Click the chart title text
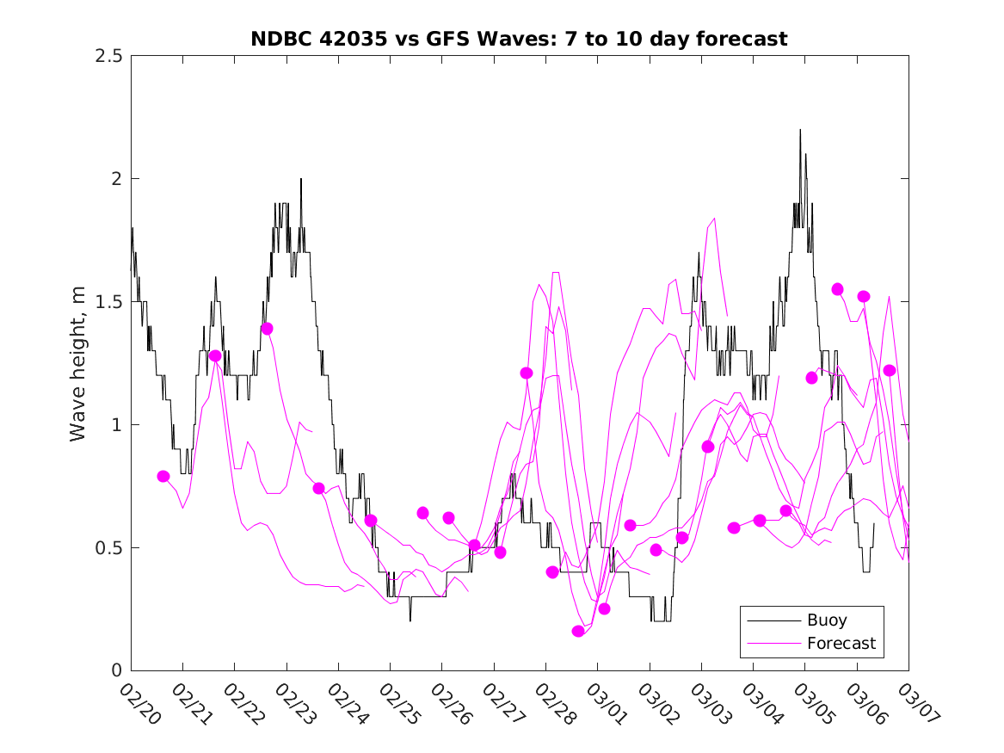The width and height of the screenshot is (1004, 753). (x=519, y=40)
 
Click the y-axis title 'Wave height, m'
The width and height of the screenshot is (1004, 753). (x=78, y=362)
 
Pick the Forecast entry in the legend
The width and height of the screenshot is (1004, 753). (x=841, y=643)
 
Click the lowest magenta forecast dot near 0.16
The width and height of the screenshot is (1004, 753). (x=578, y=631)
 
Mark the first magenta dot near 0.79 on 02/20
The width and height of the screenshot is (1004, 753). (x=163, y=476)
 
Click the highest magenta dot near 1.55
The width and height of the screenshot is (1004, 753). (x=837, y=289)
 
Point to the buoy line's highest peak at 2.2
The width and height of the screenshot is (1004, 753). (x=800, y=130)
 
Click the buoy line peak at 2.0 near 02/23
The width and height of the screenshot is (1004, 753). (x=301, y=179)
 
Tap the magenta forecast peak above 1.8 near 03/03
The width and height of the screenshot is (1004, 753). (x=714, y=219)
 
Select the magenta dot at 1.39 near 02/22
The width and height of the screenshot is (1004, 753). (x=267, y=329)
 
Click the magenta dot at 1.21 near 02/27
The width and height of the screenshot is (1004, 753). (x=527, y=373)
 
